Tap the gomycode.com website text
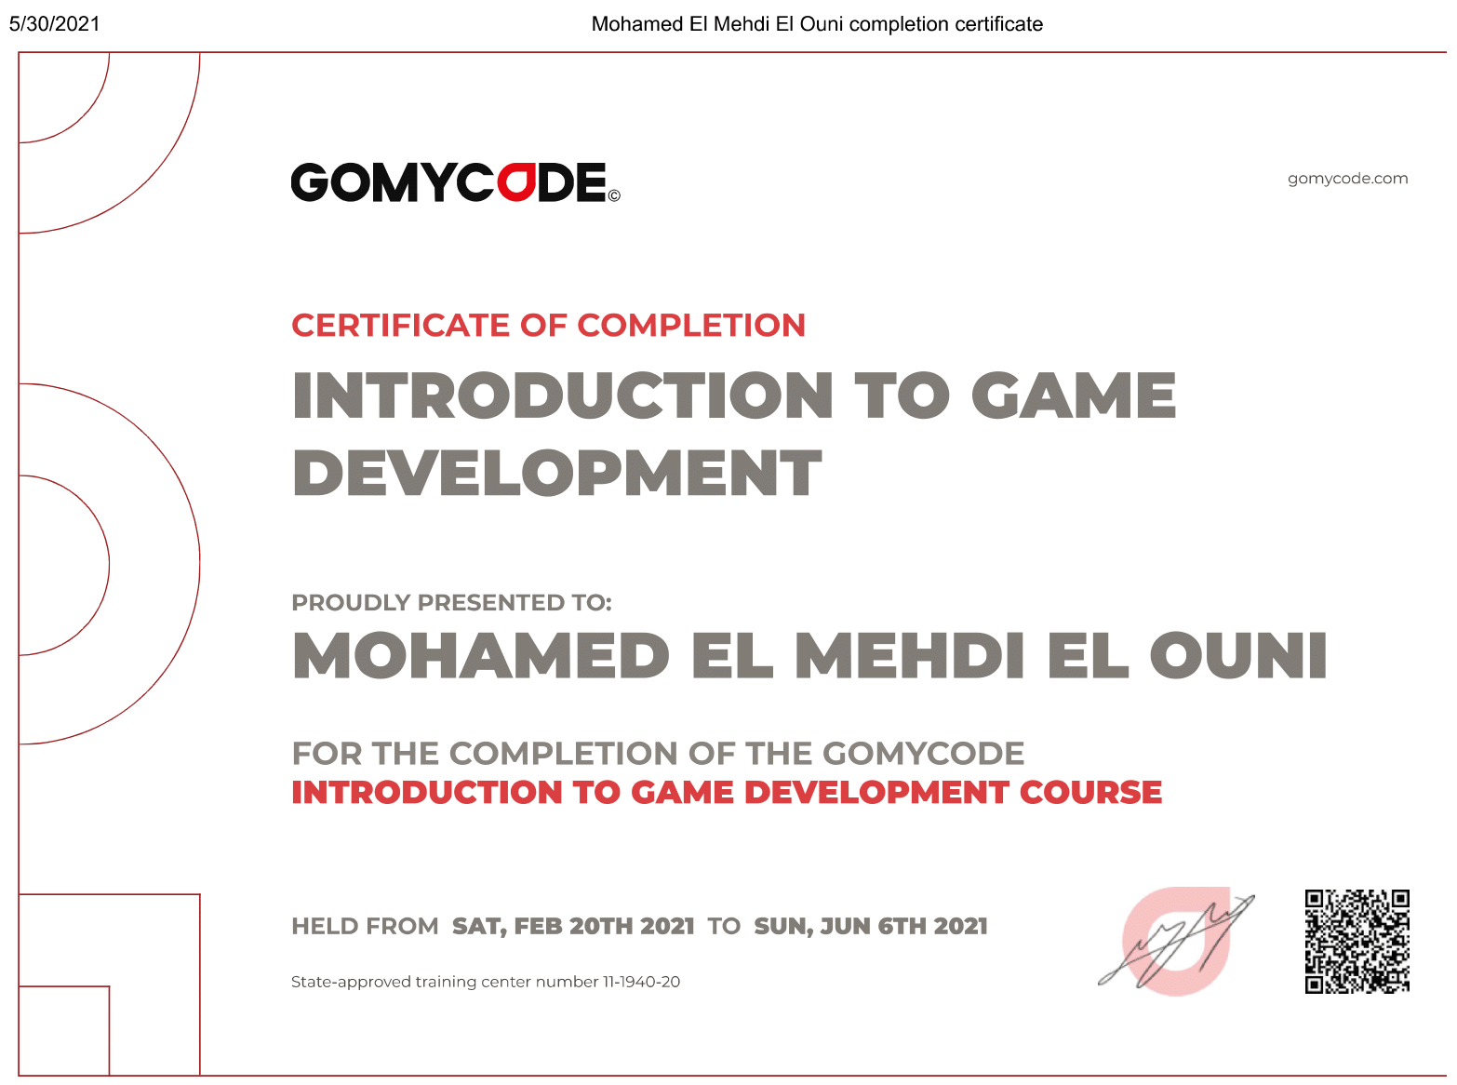[x=1347, y=179]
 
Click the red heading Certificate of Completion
[x=548, y=326]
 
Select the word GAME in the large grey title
[x=1074, y=395]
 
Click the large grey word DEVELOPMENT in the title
[x=557, y=474]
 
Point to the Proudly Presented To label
[x=451, y=603]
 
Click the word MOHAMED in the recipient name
[x=481, y=656]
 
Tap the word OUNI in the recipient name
[x=1238, y=656]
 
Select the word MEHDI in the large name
[x=910, y=656]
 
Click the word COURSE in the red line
[x=1090, y=793]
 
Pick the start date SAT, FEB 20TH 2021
[x=573, y=927]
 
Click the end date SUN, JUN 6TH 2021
[x=871, y=927]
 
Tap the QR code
[x=1357, y=942]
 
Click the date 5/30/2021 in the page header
[x=55, y=24]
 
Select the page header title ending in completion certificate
[x=817, y=24]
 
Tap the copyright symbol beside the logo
[x=614, y=195]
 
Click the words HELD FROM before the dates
[x=365, y=927]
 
